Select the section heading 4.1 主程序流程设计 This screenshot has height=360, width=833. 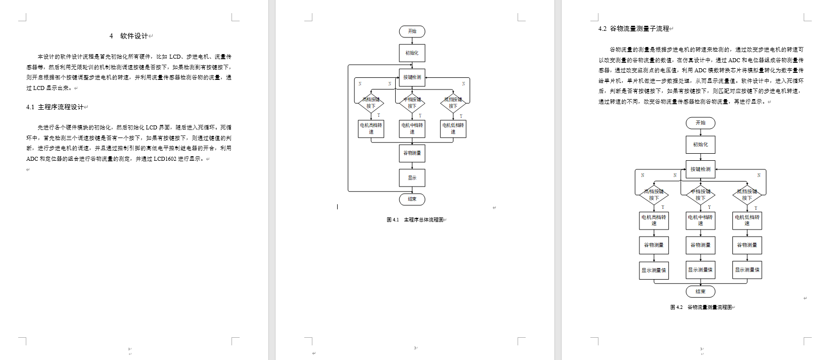[x=56, y=107]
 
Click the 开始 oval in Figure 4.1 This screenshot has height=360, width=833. [x=412, y=31]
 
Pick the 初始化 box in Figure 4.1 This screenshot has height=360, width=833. [x=412, y=53]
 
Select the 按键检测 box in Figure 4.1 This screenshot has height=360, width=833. [x=412, y=77]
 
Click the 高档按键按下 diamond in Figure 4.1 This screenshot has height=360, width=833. [x=371, y=103]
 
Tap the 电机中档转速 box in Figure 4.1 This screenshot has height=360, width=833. [x=412, y=128]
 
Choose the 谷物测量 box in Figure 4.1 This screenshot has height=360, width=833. [x=412, y=153]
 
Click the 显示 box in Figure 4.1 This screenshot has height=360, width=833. [x=412, y=178]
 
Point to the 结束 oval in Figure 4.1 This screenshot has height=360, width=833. [x=412, y=199]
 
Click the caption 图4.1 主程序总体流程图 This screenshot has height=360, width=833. [x=415, y=220]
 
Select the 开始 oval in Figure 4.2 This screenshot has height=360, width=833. [x=701, y=123]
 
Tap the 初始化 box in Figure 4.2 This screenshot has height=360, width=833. [x=701, y=145]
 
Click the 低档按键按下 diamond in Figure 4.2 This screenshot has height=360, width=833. [x=747, y=195]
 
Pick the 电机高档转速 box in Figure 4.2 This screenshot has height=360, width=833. [x=654, y=220]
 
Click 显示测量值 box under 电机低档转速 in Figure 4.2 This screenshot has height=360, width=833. [x=747, y=270]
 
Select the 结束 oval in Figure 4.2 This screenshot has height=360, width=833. [x=701, y=292]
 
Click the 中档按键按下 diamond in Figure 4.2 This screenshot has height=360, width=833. [x=701, y=195]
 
